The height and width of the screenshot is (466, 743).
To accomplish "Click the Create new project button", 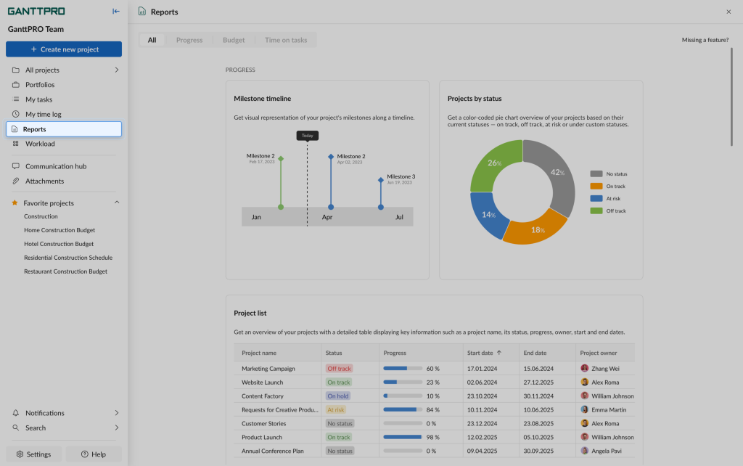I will point(64,49).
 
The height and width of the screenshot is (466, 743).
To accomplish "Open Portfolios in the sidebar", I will point(40,85).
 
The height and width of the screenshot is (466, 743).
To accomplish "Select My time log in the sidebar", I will point(44,114).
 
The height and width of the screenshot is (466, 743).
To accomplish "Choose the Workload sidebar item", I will point(40,144).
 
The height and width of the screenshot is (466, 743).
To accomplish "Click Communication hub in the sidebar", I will point(56,166).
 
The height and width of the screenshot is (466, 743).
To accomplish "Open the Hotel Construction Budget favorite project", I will point(59,244).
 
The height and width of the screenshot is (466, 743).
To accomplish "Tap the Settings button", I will point(33,454).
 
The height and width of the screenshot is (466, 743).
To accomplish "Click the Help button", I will point(94,454).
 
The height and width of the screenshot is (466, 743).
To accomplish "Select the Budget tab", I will point(234,40).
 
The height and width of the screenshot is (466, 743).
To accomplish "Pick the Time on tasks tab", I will point(286,40).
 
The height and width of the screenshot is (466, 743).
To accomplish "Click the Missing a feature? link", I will point(705,40).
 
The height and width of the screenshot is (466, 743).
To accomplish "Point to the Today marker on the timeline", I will point(308,136).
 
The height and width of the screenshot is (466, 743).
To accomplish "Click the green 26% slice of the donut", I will point(495,164).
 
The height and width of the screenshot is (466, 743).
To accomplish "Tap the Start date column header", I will point(485,353).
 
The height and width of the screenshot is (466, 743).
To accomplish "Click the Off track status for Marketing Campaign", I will point(339,369).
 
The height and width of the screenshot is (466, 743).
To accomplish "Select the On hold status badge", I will point(338,396).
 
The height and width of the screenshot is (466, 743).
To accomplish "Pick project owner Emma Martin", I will point(608,410).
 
